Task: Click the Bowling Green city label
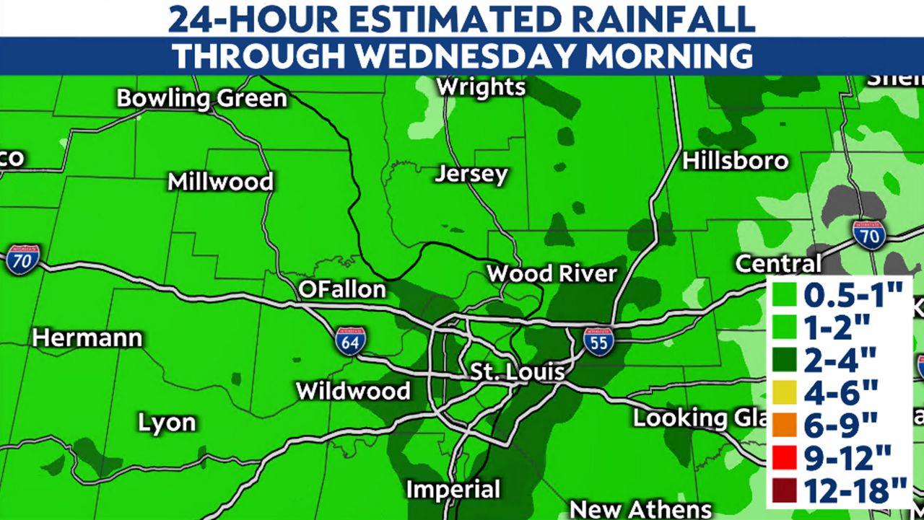pyautogui.click(x=202, y=98)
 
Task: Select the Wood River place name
pyautogui.click(x=552, y=274)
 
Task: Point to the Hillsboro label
pyautogui.click(x=736, y=160)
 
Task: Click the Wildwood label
pyautogui.click(x=354, y=392)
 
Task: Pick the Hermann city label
pyautogui.click(x=87, y=338)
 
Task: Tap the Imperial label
pyautogui.click(x=453, y=490)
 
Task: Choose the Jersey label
pyautogui.click(x=472, y=175)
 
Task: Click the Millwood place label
pyautogui.click(x=220, y=181)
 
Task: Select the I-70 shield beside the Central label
pyautogui.click(x=869, y=235)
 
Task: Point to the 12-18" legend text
pyautogui.click(x=856, y=491)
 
